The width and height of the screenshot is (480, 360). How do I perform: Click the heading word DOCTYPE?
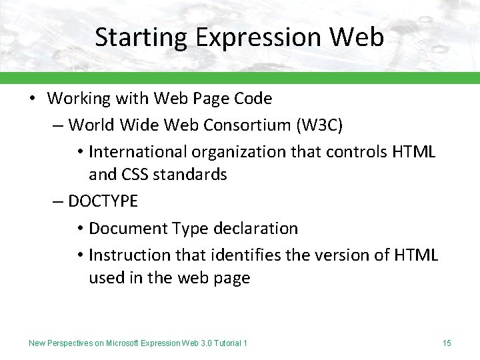click(104, 201)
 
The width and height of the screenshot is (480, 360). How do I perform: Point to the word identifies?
click(246, 255)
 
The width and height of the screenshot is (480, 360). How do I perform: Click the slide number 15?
click(447, 343)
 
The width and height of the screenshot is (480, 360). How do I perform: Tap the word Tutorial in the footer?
click(226, 343)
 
